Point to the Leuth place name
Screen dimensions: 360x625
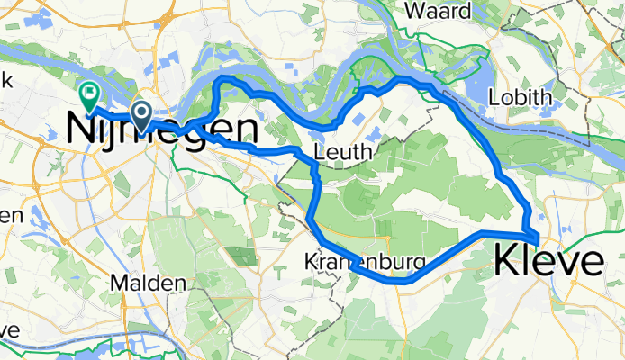coord(343,153)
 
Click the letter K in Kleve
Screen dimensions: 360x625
coord(506,262)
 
